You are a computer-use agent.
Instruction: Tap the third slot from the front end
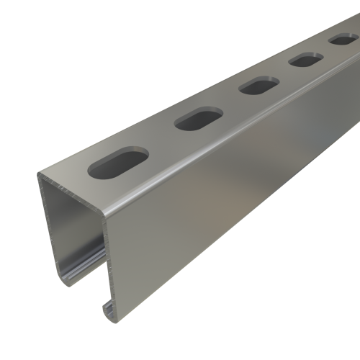point(254,87)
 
